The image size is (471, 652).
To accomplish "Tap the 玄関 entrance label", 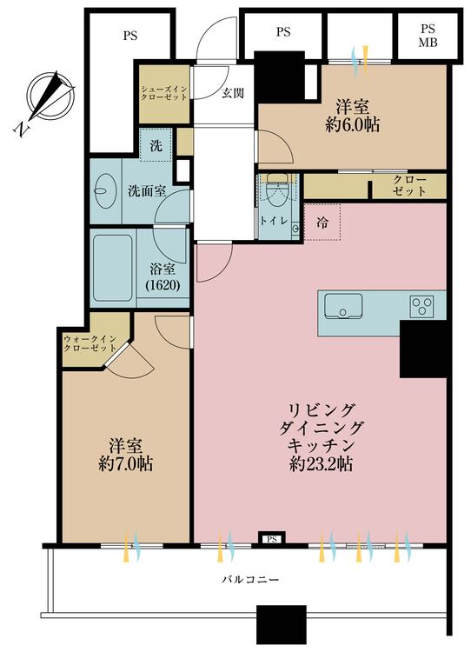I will (x=232, y=93).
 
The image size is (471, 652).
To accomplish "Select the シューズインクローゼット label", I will (x=164, y=94).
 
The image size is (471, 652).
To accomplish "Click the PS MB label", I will (x=428, y=35).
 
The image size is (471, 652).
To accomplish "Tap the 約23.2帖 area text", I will (x=321, y=463).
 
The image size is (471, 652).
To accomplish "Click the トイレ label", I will (x=270, y=221).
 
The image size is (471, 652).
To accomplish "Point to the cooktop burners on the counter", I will (x=422, y=305).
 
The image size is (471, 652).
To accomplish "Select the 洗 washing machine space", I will (x=156, y=146).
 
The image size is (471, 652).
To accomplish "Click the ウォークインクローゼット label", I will (x=90, y=342).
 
